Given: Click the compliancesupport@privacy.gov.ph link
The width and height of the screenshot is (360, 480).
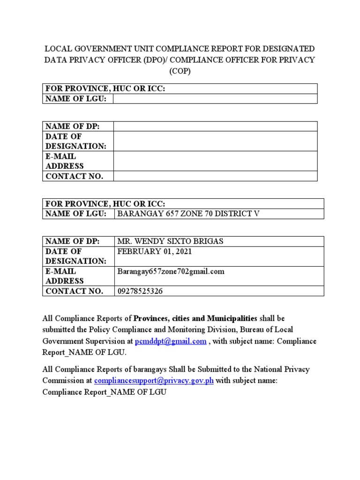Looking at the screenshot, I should point(154,381).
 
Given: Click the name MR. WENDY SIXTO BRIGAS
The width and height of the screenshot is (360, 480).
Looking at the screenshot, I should point(170,241).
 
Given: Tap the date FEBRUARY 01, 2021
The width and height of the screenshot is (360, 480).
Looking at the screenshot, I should point(154,251).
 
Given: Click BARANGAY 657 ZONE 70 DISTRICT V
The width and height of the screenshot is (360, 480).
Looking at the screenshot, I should point(187,214).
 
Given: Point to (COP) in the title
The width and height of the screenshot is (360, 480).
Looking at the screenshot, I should point(180,71).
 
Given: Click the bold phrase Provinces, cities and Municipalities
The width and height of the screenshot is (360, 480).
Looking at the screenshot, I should point(195,319).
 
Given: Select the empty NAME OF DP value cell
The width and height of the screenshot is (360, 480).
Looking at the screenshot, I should point(215,126).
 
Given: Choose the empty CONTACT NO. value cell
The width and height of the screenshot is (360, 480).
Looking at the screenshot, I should point(215,176).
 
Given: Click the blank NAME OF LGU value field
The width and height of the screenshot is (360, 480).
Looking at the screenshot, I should point(215,98).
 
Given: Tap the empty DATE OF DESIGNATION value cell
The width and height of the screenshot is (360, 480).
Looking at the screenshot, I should point(215,141).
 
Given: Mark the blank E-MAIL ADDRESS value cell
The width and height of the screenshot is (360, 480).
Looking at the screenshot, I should point(215,161).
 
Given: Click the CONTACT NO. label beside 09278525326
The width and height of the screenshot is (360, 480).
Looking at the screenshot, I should point(74,291).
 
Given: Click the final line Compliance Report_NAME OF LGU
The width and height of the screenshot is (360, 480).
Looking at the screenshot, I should point(105,392).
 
